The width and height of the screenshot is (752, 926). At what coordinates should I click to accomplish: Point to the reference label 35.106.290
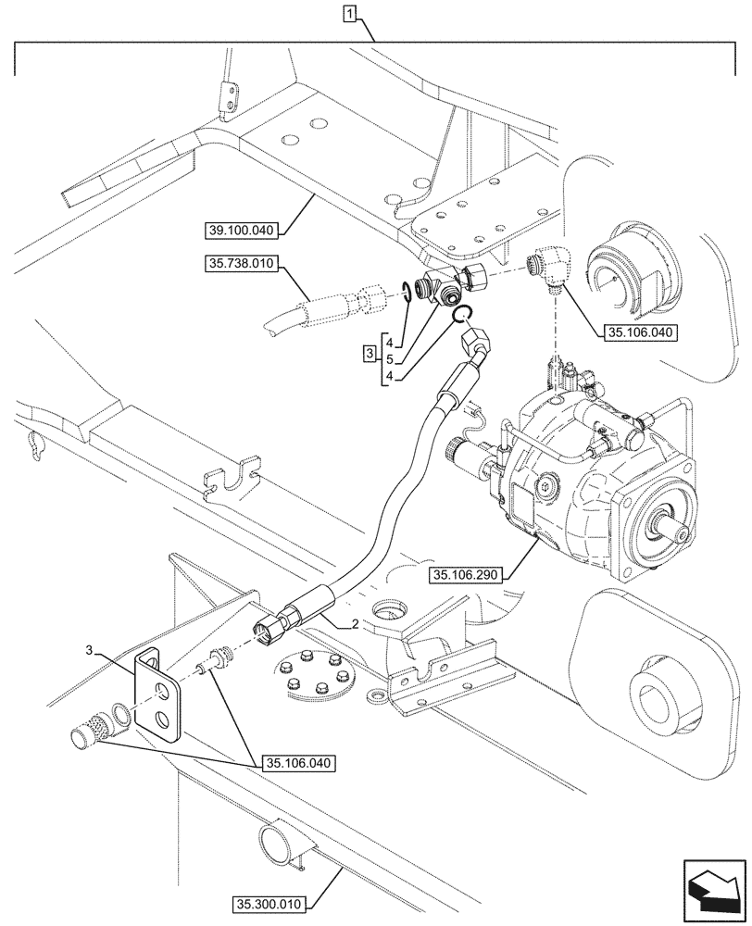pos(465,575)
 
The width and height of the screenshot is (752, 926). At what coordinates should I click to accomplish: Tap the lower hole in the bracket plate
pos(164,720)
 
